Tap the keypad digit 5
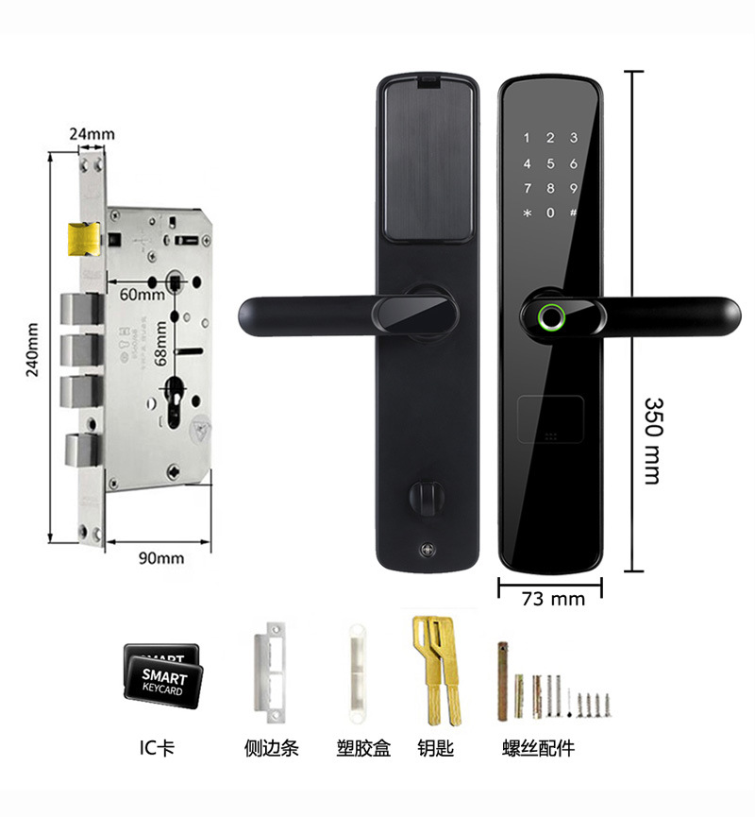pos(549,162)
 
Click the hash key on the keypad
pos(573,212)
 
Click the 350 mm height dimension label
pos(652,441)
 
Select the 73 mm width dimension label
pos(553,598)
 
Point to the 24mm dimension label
pos(92,134)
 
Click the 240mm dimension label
pos(32,349)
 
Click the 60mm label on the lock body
pos(143,295)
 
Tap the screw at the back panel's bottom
pos(423,549)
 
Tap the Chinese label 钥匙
pos(436,748)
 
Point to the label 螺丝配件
pos(539,748)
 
